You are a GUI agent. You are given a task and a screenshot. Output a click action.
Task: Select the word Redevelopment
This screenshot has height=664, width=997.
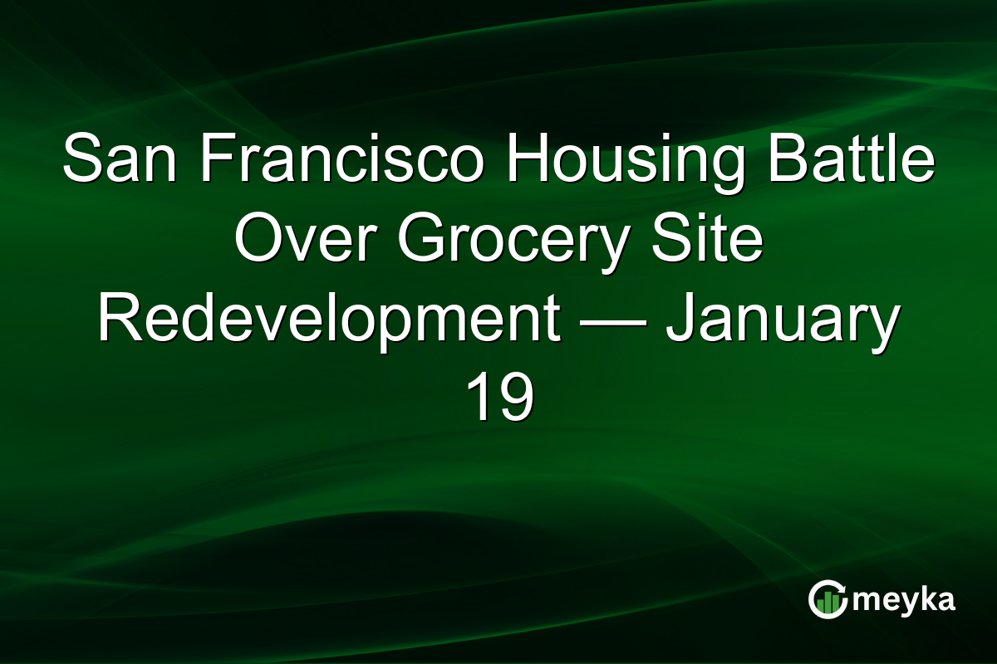tap(327, 320)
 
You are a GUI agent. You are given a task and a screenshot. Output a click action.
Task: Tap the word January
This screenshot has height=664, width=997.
tap(782, 320)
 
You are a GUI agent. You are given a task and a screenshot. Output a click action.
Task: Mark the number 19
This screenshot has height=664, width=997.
tap(498, 398)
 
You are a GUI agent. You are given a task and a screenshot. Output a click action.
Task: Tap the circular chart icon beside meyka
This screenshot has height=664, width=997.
tap(828, 599)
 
